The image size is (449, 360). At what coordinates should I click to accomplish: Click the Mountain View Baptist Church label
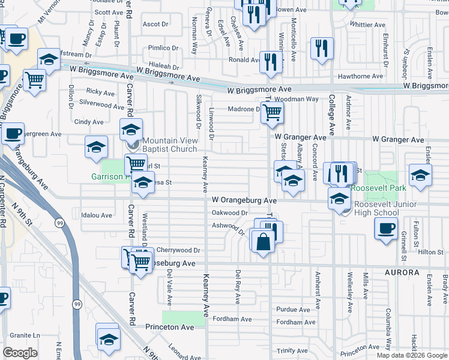[x=170, y=144]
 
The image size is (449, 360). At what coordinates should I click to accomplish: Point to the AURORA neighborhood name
[x=398, y=272]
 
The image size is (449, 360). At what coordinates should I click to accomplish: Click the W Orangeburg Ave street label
[x=244, y=199]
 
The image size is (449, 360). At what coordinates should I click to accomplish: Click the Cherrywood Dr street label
[x=178, y=250]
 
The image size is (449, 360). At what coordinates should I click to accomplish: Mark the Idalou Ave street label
[x=97, y=215]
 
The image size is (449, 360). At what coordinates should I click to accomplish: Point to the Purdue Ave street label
[x=292, y=310]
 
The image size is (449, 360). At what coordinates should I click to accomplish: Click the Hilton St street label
[x=430, y=252]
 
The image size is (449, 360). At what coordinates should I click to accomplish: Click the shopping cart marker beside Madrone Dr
[x=272, y=111]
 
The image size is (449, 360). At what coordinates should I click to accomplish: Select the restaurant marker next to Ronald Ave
[x=271, y=61]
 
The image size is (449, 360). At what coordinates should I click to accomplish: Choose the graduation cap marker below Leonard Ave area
[x=108, y=338]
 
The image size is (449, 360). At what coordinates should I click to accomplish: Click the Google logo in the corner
[x=20, y=353]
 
